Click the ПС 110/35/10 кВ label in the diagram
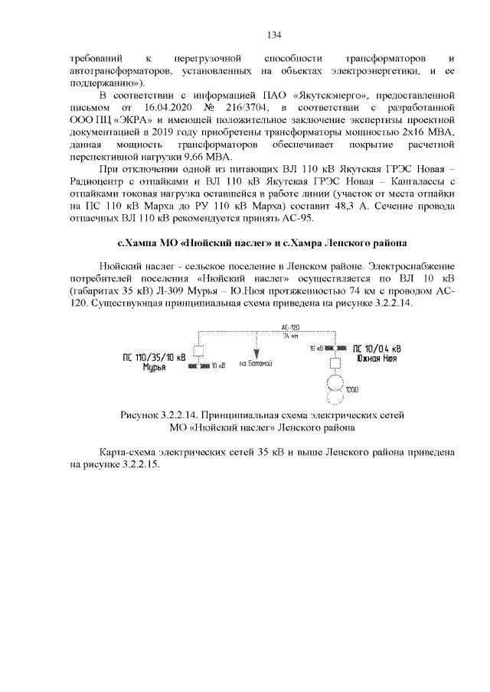[x=154, y=357]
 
